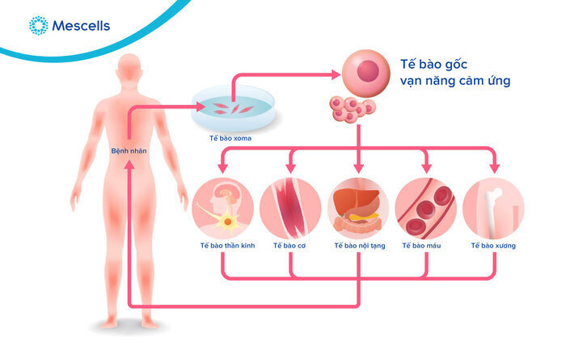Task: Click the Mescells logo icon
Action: pos(37,26)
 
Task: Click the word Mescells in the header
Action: pos(80,26)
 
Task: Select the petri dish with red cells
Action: pos(232,109)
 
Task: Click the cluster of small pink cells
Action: pos(353,110)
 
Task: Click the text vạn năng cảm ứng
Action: pos(455,82)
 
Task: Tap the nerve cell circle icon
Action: pos(223,206)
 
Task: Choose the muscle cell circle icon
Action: pos(290,206)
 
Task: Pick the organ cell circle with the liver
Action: pos(358,206)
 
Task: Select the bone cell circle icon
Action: pos(493,206)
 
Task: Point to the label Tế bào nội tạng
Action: pos(359,245)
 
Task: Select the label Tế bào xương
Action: pos(493,245)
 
